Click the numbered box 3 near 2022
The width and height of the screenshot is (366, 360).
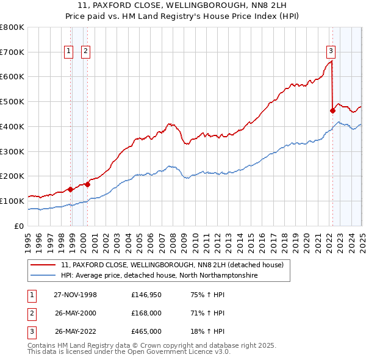[x=330, y=52]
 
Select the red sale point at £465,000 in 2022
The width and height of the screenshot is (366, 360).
[x=332, y=110]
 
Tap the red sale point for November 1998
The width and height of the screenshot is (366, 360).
[x=71, y=189]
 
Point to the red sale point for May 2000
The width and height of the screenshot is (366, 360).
[x=87, y=184]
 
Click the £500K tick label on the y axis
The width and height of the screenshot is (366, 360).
[x=12, y=102]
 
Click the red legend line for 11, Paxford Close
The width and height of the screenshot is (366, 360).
[x=43, y=265]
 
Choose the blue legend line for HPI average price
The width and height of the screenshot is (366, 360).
[x=43, y=276]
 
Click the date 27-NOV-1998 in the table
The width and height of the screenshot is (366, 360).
[x=76, y=295]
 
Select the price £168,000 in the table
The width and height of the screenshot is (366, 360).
[x=146, y=314]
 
